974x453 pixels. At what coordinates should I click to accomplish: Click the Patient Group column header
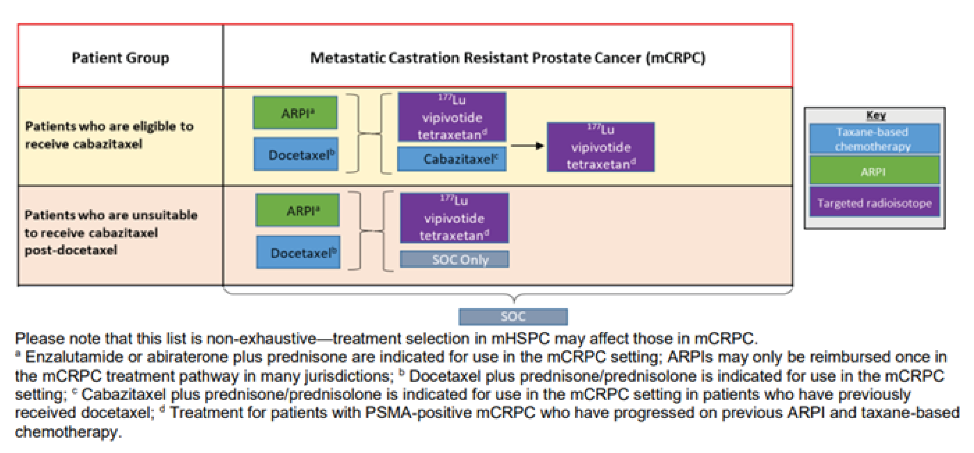[x=120, y=58]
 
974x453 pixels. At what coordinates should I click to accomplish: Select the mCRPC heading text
[x=507, y=58]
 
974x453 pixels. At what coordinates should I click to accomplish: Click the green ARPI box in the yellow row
[x=295, y=113]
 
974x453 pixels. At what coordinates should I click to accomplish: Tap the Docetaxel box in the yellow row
[x=296, y=155]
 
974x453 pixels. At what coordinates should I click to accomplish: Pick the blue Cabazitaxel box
[x=452, y=159]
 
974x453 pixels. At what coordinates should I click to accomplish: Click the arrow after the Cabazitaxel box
[x=527, y=146]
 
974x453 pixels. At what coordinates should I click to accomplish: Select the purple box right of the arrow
[x=601, y=147]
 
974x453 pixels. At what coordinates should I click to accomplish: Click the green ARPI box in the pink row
[x=298, y=210]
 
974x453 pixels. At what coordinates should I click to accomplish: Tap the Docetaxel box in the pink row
[x=298, y=252]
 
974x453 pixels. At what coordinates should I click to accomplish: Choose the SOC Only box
[x=455, y=259]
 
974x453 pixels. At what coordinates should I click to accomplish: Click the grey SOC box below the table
[x=513, y=317]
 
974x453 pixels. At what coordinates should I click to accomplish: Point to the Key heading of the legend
[x=876, y=115]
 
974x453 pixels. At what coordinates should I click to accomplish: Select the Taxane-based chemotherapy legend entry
[x=874, y=139]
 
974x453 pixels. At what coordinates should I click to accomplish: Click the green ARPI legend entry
[x=874, y=171]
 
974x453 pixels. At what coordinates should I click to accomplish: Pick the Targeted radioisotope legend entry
[x=874, y=203]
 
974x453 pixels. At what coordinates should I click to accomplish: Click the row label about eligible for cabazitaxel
[x=109, y=135]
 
